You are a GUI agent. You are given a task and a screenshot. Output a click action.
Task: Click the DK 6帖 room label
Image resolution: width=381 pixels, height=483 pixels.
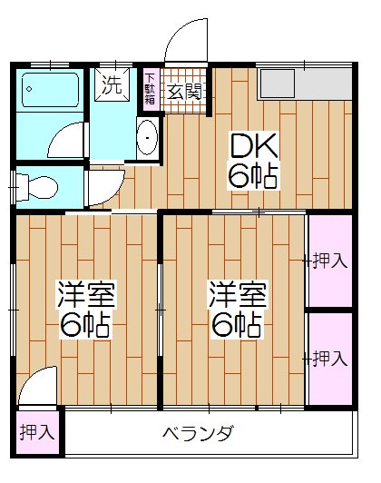[252, 160]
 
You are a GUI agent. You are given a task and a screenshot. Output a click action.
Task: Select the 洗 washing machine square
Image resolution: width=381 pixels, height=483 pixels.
[112, 86]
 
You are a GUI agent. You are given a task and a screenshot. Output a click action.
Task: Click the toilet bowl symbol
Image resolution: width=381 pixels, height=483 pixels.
[37, 188]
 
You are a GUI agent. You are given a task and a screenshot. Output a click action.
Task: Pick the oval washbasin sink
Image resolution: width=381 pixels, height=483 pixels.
[146, 139]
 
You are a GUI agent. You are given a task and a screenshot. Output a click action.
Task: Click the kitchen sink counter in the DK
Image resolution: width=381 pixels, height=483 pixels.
[303, 84]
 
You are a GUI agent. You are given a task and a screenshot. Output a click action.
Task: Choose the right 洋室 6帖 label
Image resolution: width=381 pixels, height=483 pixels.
[238, 308]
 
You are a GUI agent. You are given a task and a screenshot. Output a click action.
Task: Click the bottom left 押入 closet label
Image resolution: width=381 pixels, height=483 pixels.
[37, 433]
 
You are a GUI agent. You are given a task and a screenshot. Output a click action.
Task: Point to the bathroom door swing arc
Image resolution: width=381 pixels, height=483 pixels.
[68, 141]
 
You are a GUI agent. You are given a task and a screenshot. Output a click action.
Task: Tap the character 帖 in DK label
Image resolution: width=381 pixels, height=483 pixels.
[265, 175]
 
